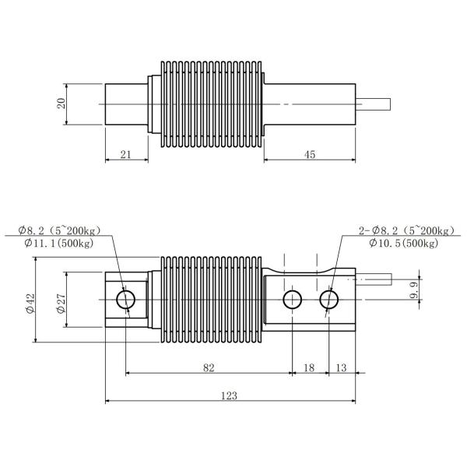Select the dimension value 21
[125, 155]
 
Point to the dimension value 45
[310, 155]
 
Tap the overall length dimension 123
[229, 395]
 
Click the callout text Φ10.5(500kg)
[403, 244]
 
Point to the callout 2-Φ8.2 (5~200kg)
[406, 230]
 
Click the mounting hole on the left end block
[125, 299]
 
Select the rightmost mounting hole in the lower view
[328, 299]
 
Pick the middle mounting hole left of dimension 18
[293, 299]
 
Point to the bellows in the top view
[210, 104]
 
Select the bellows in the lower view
[210, 299]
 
